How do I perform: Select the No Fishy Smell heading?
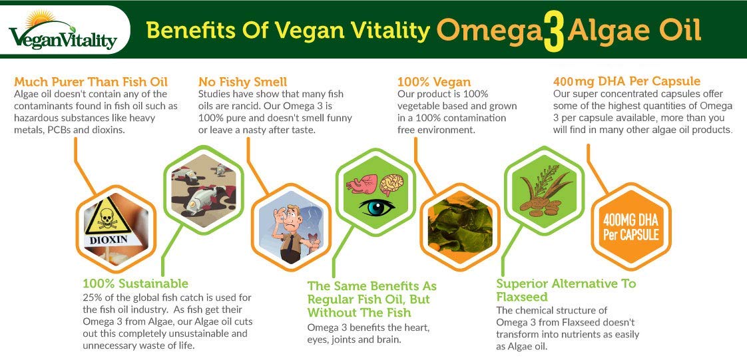click(x=242, y=82)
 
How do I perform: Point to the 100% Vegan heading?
click(x=433, y=82)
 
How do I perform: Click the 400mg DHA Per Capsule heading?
click(x=626, y=81)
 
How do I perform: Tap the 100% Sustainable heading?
click(x=135, y=283)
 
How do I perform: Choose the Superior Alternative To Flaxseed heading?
click(x=566, y=290)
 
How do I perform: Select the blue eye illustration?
click(x=377, y=206)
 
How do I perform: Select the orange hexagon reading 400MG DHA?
click(x=629, y=226)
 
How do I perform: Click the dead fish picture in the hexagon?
click(x=201, y=188)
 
